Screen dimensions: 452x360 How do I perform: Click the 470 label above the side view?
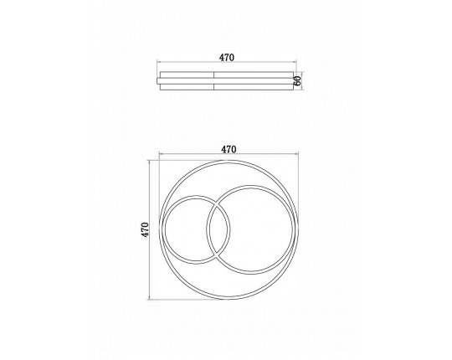pyautogui.click(x=227, y=58)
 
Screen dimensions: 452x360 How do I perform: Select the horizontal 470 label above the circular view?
pyautogui.click(x=229, y=149)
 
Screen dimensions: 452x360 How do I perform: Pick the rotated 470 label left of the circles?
pyautogui.click(x=145, y=229)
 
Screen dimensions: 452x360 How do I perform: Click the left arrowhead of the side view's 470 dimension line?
pyautogui.click(x=158, y=61)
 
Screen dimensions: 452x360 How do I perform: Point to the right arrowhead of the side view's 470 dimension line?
pyautogui.click(x=295, y=61)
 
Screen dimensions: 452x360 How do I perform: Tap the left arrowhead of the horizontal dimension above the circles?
pyautogui.click(x=161, y=153)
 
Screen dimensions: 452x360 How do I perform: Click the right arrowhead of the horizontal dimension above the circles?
pyautogui.click(x=297, y=153)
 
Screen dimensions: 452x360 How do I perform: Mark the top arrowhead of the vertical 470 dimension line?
pyautogui.click(x=149, y=162)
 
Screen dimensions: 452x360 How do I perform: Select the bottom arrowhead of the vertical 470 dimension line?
pyautogui.click(x=149, y=298)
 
